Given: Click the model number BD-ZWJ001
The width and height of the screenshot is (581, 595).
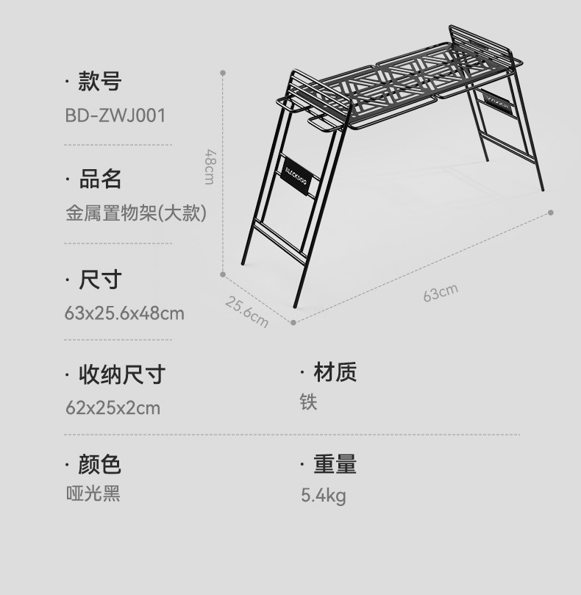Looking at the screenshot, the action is (115, 115).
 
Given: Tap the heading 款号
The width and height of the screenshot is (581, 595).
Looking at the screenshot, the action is (99, 82).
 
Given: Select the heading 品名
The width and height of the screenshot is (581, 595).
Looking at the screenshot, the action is (99, 179).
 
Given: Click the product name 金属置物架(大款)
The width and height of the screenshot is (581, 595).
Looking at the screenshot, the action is (136, 213).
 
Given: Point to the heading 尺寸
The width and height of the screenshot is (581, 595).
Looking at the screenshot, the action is (99, 279).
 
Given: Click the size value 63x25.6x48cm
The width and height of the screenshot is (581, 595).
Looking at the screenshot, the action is (124, 313).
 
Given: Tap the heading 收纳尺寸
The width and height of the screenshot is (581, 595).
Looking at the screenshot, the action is (121, 374).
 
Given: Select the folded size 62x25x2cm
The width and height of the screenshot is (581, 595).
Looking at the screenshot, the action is (113, 407).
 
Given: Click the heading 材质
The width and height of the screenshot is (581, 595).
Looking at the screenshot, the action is (335, 372).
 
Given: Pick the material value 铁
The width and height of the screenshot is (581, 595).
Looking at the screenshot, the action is (308, 402).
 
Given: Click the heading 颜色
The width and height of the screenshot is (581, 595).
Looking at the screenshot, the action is (99, 464).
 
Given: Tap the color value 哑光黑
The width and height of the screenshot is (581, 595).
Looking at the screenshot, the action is (93, 493).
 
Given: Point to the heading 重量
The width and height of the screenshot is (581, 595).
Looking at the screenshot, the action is (335, 464).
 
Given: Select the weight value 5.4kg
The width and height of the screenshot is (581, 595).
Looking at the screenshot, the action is (323, 496).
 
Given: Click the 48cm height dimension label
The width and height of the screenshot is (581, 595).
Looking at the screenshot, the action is (210, 167).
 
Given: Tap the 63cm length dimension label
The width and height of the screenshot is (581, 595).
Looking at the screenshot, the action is (440, 293).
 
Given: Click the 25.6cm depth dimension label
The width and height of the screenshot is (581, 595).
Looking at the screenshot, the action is (246, 312).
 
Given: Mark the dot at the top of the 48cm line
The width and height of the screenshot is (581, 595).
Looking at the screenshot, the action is (223, 73).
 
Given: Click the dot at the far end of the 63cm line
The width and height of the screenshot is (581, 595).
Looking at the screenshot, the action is (551, 213).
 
